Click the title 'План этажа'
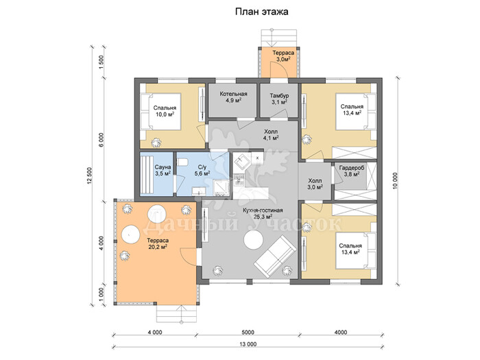click(x=261, y=12)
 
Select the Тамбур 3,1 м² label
click(x=279, y=99)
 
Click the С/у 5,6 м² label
click(x=202, y=170)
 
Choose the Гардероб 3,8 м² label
click(x=351, y=171)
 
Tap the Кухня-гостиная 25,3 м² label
click(x=263, y=213)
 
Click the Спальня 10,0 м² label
click(x=165, y=111)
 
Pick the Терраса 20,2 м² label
click(x=157, y=243)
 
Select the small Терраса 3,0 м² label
click(x=283, y=56)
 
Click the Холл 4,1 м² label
click(x=271, y=134)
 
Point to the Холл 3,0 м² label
click(x=315, y=184)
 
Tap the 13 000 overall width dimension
click(x=248, y=344)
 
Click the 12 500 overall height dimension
click(x=89, y=176)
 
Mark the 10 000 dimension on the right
click(x=395, y=181)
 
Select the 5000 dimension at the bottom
click(x=248, y=332)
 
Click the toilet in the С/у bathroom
click(x=183, y=162)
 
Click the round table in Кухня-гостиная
click(x=253, y=240)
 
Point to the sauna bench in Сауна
click(x=147, y=173)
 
